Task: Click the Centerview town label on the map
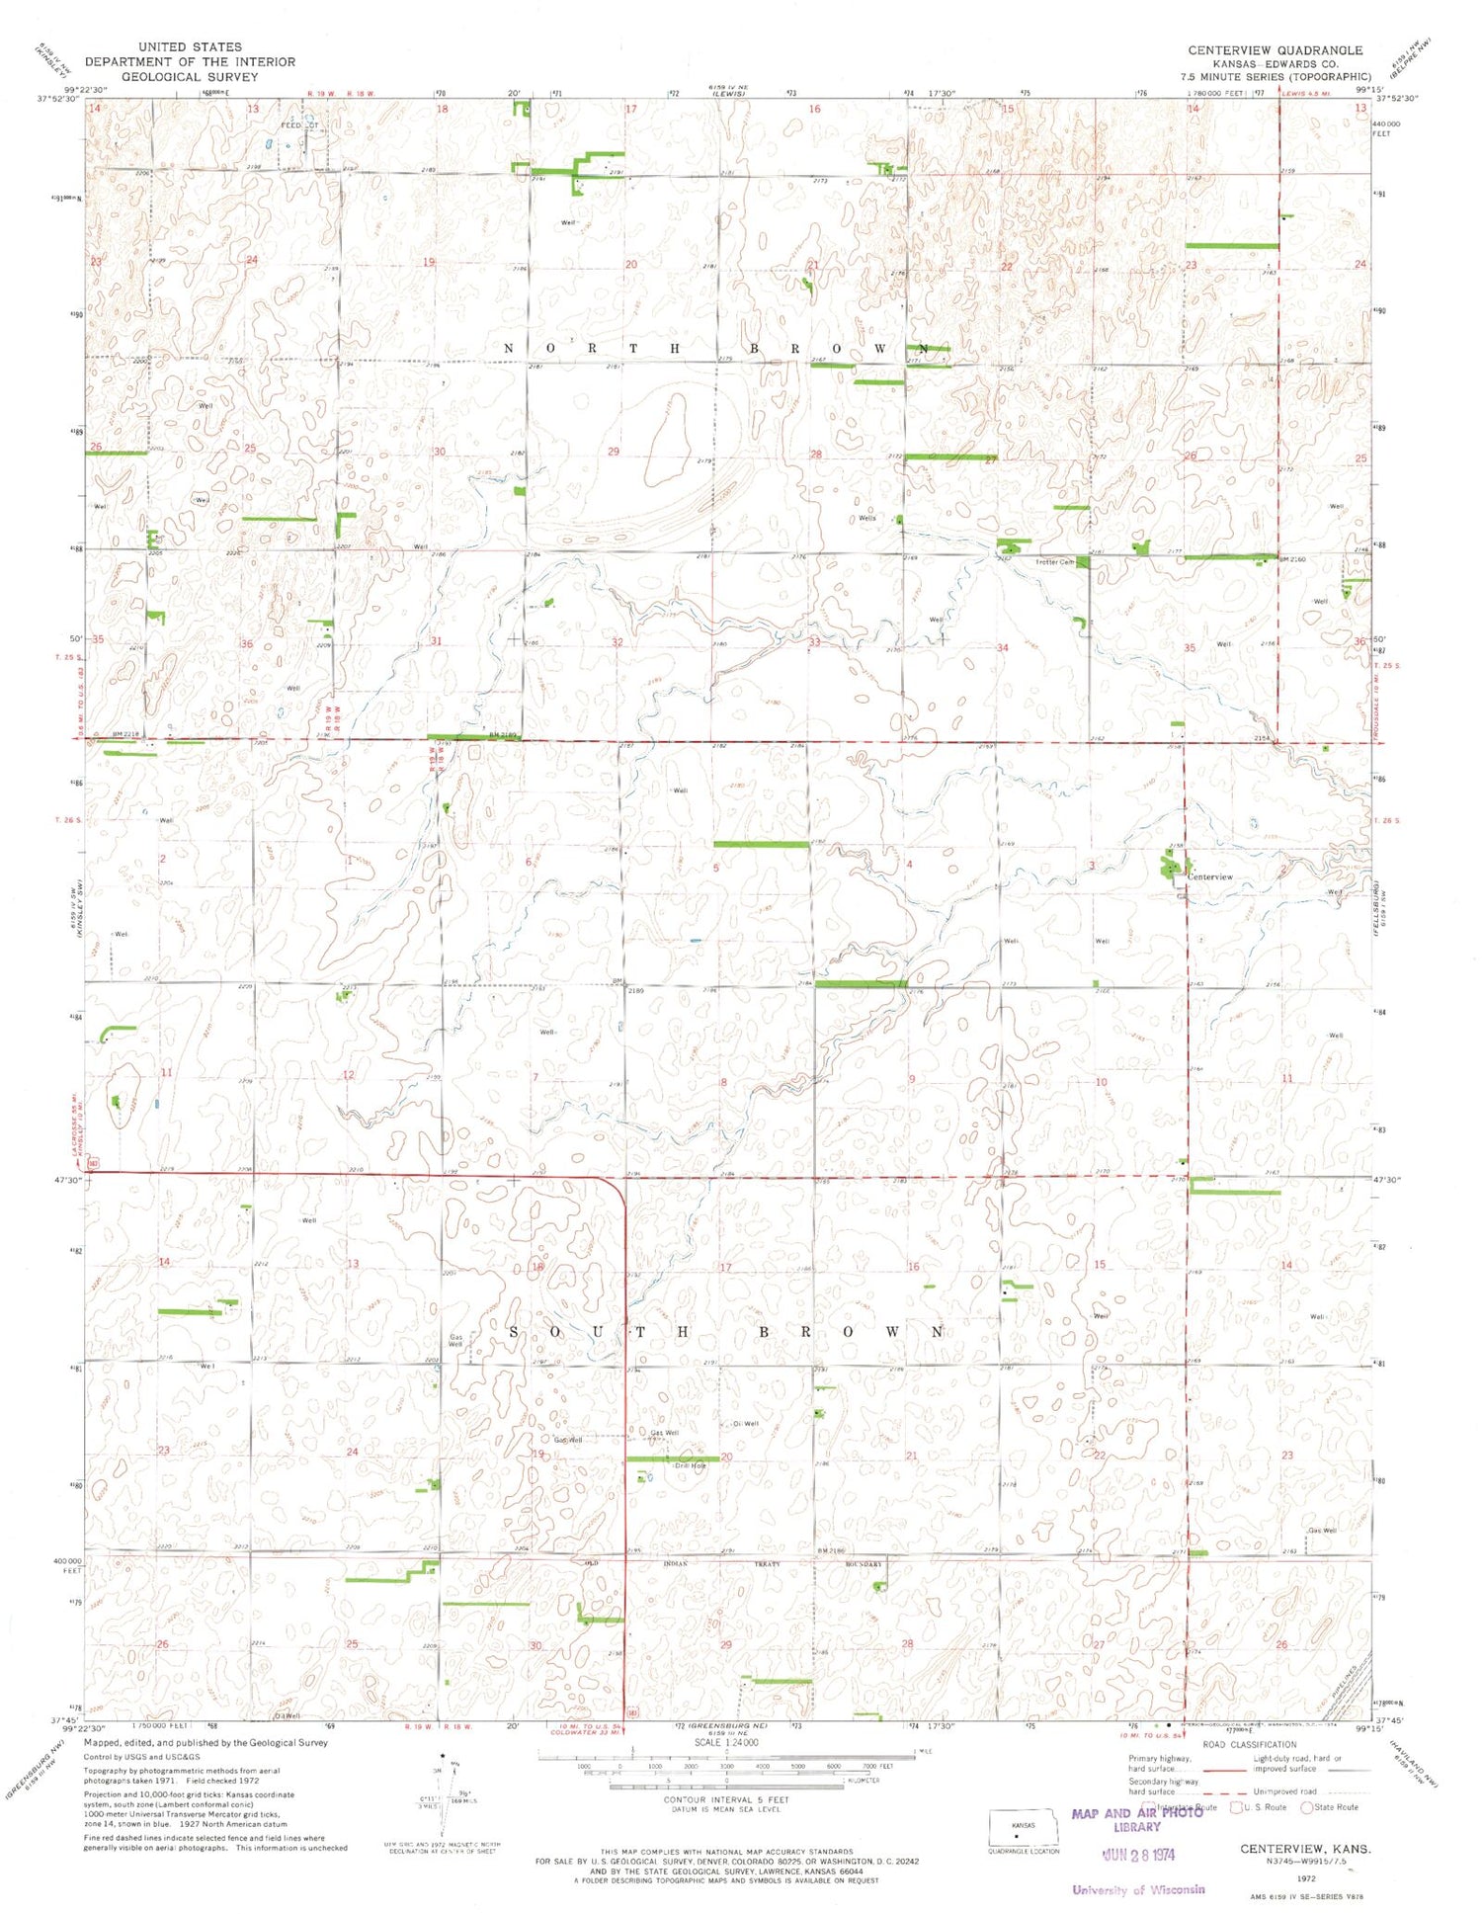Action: (x=1210, y=876)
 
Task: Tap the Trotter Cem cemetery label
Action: (x=1054, y=562)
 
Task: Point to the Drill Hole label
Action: (x=689, y=1465)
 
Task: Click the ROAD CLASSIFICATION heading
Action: (x=1250, y=1745)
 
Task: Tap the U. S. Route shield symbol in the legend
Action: (x=1235, y=1807)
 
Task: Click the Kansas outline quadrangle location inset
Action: (x=1024, y=1829)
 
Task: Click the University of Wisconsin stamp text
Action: (x=1138, y=1889)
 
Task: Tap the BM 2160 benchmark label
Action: (x=1293, y=559)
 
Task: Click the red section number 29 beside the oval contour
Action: (x=614, y=452)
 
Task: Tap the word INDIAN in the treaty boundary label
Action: (x=675, y=1564)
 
